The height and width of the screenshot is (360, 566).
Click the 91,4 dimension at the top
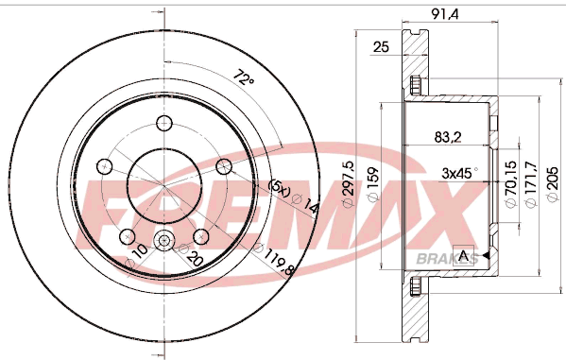445,14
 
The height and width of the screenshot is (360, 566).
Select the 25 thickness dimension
381,47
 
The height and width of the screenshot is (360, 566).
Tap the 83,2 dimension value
448,137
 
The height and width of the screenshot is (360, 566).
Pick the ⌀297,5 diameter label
348,184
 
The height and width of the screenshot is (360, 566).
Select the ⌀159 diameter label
373,183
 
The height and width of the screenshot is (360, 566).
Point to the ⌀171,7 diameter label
531,184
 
